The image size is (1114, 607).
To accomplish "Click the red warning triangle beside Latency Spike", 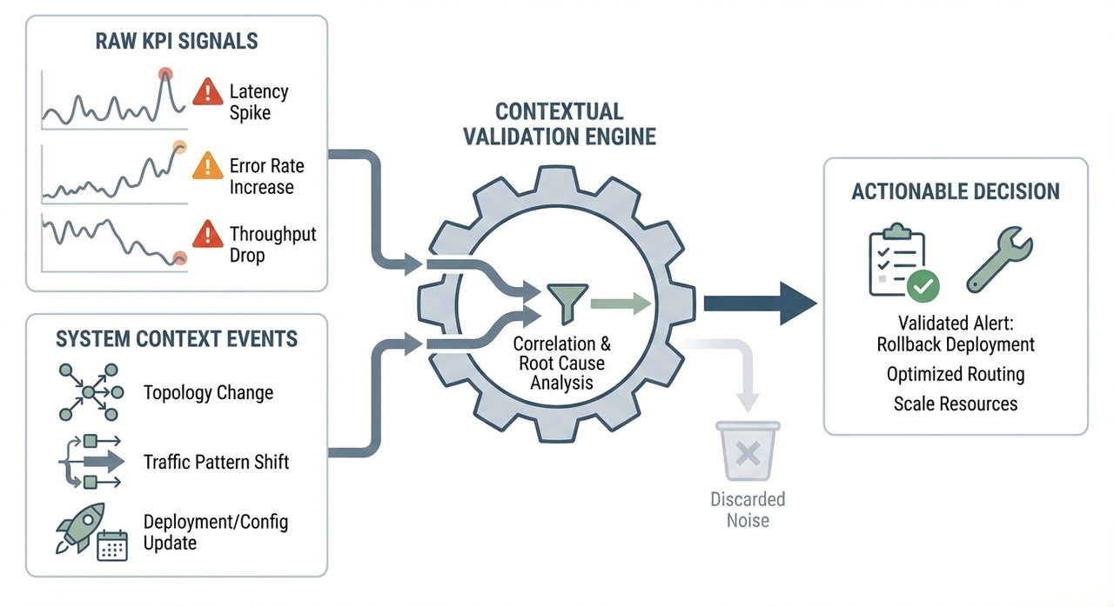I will click(x=207, y=90).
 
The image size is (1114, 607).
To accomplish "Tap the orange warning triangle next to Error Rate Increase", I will click(x=207, y=164).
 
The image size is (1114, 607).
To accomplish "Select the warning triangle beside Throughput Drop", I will click(x=207, y=234).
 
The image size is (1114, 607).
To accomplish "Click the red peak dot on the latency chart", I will click(x=165, y=75).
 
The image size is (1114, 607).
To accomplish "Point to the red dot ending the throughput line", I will click(x=179, y=257).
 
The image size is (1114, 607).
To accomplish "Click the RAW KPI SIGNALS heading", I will click(x=177, y=40).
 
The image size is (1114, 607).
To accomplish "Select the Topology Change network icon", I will click(x=87, y=392).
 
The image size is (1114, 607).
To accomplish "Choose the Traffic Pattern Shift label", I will click(x=216, y=461).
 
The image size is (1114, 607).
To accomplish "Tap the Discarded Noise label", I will click(x=748, y=510).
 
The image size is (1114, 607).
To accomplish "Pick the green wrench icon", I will click(x=998, y=263).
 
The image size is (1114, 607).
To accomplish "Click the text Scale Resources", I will click(x=956, y=404).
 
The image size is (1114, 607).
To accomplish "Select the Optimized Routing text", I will click(x=956, y=374).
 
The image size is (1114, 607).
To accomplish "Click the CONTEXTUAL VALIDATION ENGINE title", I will click(x=559, y=123).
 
